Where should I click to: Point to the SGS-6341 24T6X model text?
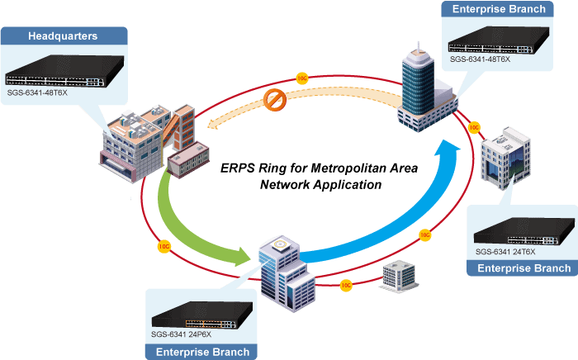(505, 251)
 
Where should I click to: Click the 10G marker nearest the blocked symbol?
(302, 78)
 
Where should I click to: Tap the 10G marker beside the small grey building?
(346, 285)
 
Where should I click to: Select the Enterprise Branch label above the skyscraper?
(505, 10)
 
